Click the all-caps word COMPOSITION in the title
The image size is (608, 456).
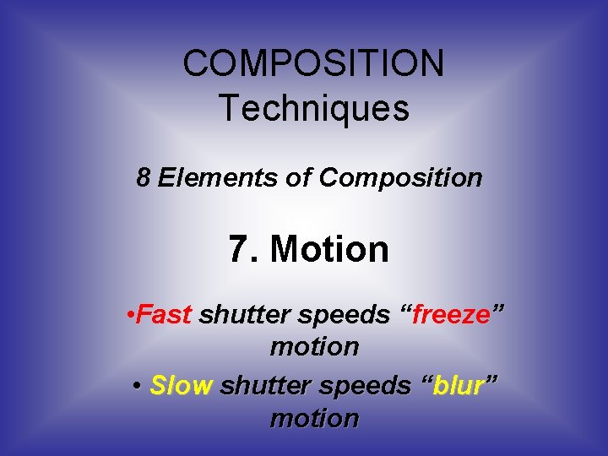point(313,63)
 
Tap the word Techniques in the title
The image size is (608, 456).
point(313,108)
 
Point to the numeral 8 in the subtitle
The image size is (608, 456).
point(144,178)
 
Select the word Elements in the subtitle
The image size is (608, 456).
point(204,178)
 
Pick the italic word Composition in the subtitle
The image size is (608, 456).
point(401,178)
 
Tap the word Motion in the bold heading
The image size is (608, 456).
point(329,249)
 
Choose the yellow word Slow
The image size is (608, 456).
point(181,386)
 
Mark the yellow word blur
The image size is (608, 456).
point(460,386)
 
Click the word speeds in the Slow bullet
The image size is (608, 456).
point(365,387)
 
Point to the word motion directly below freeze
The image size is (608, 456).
point(314,346)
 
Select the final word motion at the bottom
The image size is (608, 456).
point(314,418)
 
